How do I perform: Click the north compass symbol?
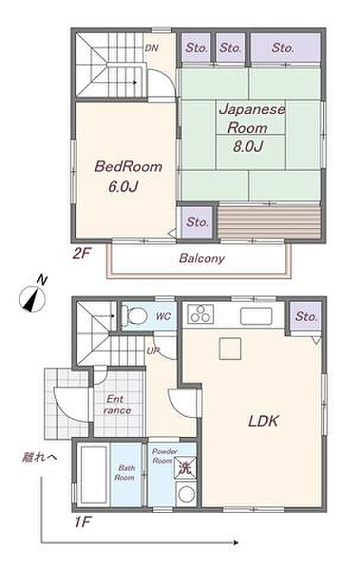(33, 298)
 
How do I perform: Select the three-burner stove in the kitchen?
(200, 314)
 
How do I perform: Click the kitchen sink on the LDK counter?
(256, 316)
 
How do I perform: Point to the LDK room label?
(263, 421)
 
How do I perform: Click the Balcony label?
(202, 258)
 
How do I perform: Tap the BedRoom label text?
(128, 166)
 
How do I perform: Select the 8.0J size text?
(248, 146)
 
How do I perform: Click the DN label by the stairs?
(151, 47)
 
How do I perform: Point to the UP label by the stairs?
(153, 351)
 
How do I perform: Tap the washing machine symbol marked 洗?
(185, 467)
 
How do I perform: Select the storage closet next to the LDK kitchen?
(306, 316)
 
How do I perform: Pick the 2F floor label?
(81, 253)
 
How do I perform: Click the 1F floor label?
(82, 522)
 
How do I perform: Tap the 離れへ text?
(39, 457)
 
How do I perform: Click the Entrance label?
(116, 404)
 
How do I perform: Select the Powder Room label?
(165, 456)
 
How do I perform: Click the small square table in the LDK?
(230, 349)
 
